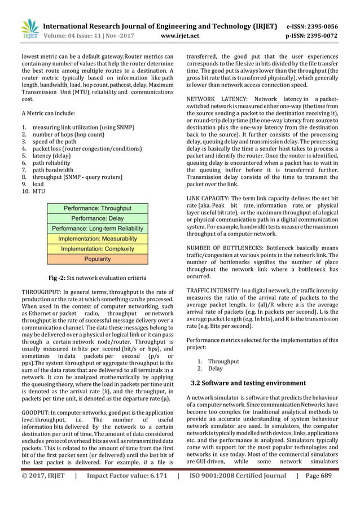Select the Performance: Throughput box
pyautogui.click(x=98, y=208)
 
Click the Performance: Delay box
pyautogui.click(x=98, y=218)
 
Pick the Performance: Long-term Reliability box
pyautogui.click(x=98, y=229)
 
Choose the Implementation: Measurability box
pyautogui.click(x=98, y=239)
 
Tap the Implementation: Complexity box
pyautogui.click(x=98, y=249)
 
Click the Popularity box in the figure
pyautogui.click(x=98, y=260)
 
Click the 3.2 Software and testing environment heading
pyautogui.click(x=249, y=383)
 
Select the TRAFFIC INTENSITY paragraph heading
pyautogui.click(x=212, y=289)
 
